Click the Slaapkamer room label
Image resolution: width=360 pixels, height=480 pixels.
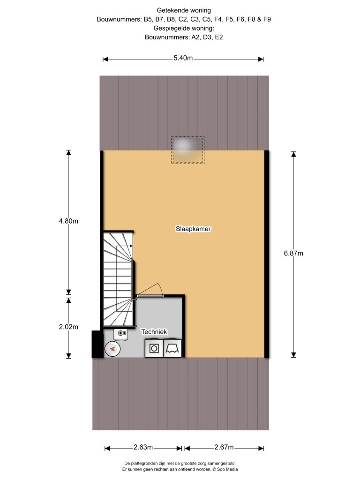193,229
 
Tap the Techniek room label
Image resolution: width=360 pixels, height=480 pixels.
154,331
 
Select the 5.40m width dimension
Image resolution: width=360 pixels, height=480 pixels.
183,58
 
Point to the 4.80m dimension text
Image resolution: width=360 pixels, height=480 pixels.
68,221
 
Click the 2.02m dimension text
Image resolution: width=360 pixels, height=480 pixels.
68,327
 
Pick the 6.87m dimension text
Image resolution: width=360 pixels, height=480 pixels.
293,253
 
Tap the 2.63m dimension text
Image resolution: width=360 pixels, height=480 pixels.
143,447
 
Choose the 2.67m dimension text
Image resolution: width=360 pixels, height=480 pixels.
224,447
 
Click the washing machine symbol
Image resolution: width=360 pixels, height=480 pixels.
154,348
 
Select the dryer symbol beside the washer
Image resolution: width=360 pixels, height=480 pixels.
172,348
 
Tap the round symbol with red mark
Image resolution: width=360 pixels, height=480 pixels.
112,349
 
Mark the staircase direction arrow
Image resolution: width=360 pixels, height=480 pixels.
124,246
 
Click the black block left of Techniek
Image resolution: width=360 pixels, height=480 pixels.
97,344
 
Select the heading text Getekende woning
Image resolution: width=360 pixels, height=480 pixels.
184,10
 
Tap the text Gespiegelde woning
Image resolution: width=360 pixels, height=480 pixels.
184,28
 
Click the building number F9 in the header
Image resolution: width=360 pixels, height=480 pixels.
267,19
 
